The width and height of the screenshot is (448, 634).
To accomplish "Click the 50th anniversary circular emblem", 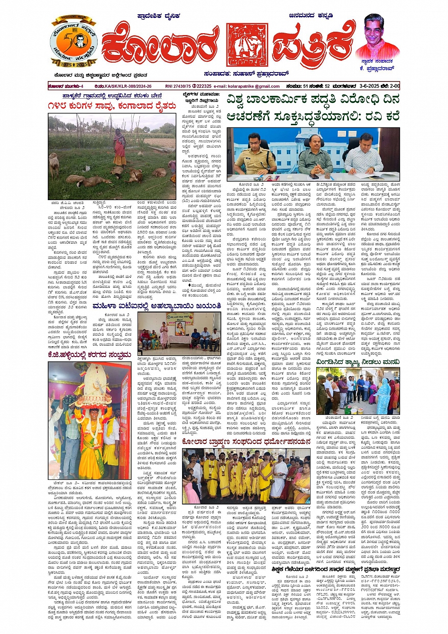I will point(73,44).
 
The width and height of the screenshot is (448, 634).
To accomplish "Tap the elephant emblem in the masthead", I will point(247,45).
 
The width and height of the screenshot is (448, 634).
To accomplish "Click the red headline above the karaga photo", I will point(90,354).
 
